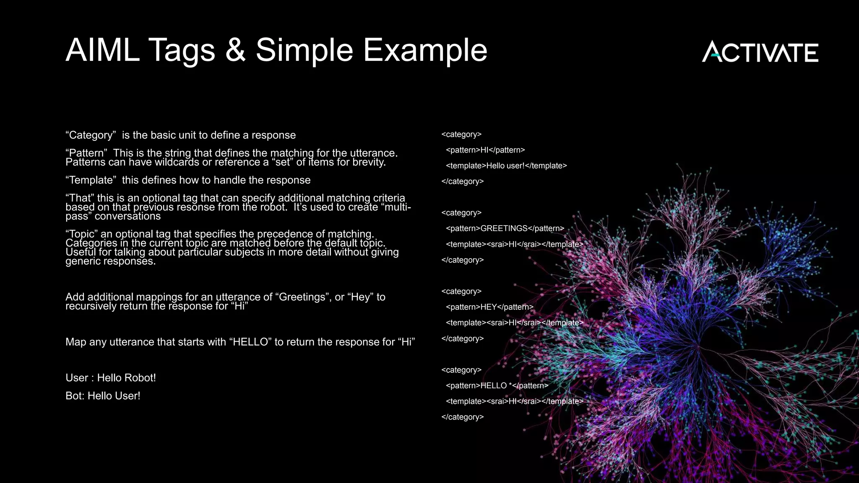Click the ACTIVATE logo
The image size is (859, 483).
(x=760, y=52)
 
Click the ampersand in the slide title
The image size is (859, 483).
(x=235, y=50)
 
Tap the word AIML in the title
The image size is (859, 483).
(x=102, y=50)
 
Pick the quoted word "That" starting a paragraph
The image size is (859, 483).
(x=80, y=198)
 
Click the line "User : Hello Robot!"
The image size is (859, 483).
(x=111, y=378)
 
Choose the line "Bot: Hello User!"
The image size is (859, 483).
(x=103, y=396)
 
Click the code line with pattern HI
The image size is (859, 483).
(x=485, y=150)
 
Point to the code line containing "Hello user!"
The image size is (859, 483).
(x=506, y=166)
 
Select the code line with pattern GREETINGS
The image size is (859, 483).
(x=505, y=229)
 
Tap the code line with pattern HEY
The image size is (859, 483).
(x=489, y=307)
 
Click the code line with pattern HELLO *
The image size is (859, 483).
(x=497, y=386)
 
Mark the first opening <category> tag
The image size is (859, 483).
(x=461, y=134)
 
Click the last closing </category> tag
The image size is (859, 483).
(x=463, y=417)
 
